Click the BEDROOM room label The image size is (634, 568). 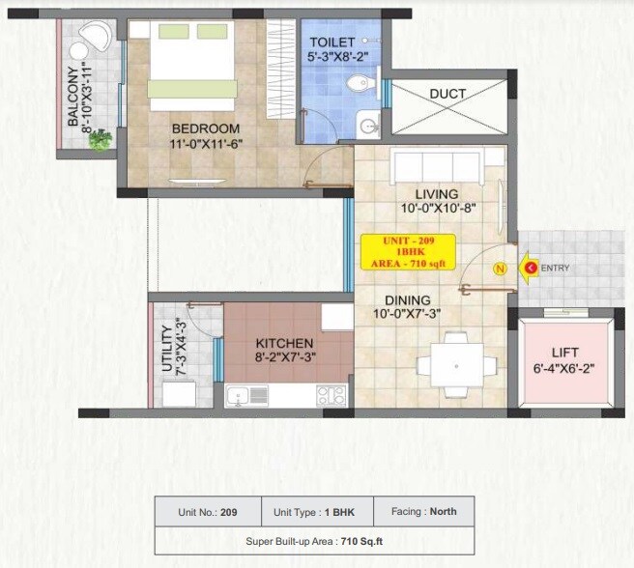click(x=205, y=128)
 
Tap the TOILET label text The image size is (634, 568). click(x=331, y=43)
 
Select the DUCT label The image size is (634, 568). click(x=447, y=94)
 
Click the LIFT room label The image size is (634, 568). click(x=565, y=354)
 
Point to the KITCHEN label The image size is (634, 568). click(x=284, y=343)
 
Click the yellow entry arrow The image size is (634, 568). click(x=529, y=268)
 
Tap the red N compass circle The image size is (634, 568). click(x=500, y=268)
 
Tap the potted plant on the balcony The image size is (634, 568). click(x=99, y=140)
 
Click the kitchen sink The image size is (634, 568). click(x=248, y=394)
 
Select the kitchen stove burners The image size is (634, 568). click(x=331, y=394)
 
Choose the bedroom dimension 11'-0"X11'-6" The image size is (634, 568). click(x=205, y=145)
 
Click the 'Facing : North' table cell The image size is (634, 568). click(x=424, y=511)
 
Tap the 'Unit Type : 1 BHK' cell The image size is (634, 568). click(x=310, y=511)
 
